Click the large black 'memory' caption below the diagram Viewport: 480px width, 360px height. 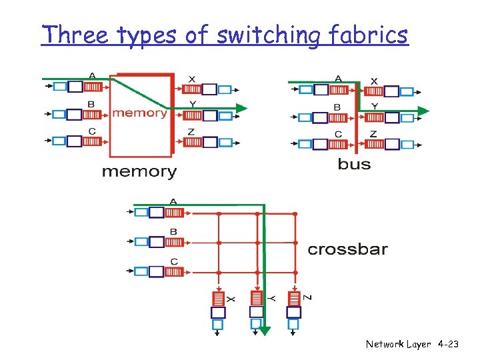point(139,172)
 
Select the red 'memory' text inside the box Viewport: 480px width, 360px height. point(139,113)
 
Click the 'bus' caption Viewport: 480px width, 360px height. point(354,163)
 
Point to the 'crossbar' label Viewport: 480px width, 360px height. point(347,250)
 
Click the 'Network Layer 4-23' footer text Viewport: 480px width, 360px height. point(412,344)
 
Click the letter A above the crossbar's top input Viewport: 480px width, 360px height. point(173,201)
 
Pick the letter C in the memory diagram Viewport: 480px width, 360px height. point(91,131)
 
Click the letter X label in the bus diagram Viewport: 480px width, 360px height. point(374,81)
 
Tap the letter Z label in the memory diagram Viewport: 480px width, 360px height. point(191,132)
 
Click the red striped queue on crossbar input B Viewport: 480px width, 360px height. point(174,242)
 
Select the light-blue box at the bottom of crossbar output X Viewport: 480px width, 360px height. point(218,324)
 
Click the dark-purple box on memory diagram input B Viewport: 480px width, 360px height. point(75,114)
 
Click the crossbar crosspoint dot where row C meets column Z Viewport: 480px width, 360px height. point(295,272)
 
